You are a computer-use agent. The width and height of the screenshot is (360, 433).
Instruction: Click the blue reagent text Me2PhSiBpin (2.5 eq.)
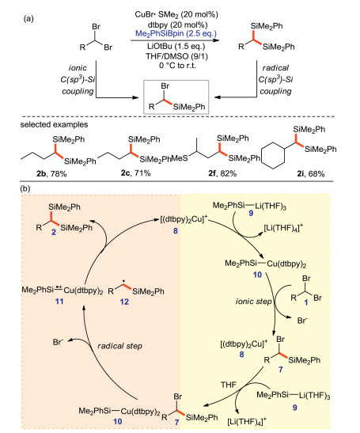pos(176,34)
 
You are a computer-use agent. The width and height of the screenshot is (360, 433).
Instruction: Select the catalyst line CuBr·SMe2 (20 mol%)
pos(176,14)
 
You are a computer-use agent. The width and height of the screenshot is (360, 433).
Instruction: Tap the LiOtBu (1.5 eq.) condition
pos(176,46)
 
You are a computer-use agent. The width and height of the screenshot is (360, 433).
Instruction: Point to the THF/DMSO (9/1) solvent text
pos(176,56)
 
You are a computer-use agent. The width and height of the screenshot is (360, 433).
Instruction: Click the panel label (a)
pos(28,19)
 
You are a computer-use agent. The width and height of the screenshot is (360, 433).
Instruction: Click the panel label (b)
pos(25,188)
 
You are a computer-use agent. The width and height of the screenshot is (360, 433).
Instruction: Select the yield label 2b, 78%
pos(51,173)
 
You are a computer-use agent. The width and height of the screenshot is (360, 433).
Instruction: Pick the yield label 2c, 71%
pos(135,173)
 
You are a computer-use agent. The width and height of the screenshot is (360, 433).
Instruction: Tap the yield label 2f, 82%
pos(222,173)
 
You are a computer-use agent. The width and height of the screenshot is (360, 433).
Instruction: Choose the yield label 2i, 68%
pos(311,173)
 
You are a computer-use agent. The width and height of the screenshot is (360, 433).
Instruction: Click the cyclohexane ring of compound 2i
pos(273,155)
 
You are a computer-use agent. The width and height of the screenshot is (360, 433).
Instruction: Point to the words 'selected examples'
pos(54,124)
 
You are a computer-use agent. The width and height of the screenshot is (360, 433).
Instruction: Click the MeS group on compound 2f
pos(180,158)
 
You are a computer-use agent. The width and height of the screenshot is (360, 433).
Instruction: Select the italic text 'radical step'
pos(119,346)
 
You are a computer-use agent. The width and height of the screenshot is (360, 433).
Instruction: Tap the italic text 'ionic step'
pos(254,302)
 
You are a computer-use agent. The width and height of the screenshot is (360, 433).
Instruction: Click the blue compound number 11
pos(59,301)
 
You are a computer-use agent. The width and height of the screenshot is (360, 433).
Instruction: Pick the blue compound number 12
pos(124,302)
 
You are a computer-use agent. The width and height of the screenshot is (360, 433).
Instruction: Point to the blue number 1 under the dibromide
pos(306,303)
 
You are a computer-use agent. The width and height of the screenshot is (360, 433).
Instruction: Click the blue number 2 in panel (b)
pos(54,232)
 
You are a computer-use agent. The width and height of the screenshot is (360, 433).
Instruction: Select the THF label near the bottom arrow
pos(229,385)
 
